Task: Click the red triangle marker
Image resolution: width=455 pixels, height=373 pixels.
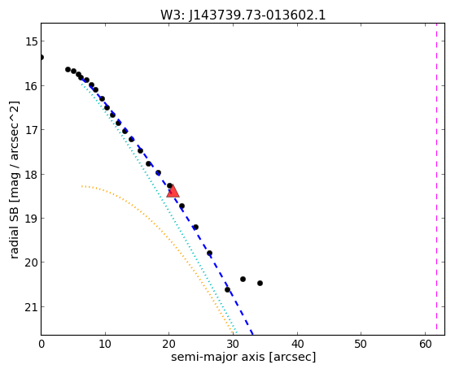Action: pyautogui.click(x=173, y=191)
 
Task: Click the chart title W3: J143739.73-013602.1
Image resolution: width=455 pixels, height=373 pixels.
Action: pyautogui.click(x=243, y=15)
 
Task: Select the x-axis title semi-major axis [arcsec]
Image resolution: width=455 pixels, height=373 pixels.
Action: pyautogui.click(x=243, y=357)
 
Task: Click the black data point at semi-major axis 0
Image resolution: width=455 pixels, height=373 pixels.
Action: pyautogui.click(x=42, y=58)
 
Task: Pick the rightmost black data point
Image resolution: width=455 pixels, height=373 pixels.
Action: pyautogui.click(x=260, y=283)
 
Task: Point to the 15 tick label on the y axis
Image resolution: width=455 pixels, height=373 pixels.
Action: pyautogui.click(x=32, y=41)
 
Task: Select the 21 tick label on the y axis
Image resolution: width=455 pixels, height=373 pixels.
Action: pyautogui.click(x=32, y=306)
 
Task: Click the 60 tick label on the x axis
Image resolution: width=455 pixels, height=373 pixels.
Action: pyautogui.click(x=425, y=345)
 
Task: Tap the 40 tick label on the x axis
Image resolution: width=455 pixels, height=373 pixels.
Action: pyautogui.click(x=297, y=345)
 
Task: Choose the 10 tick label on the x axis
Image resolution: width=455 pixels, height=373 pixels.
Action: pyautogui.click(x=105, y=345)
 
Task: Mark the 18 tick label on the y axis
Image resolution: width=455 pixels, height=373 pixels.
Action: pyautogui.click(x=32, y=174)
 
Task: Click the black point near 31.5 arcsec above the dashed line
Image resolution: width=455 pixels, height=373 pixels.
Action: pyautogui.click(x=243, y=279)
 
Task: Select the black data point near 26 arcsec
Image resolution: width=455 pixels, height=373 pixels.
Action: pyautogui.click(x=209, y=254)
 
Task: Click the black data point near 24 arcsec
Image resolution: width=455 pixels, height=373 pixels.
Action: pyautogui.click(x=196, y=227)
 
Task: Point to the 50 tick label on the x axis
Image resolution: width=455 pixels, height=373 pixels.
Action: pyautogui.click(x=361, y=345)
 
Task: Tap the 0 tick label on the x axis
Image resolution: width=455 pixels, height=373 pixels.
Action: pyautogui.click(x=42, y=345)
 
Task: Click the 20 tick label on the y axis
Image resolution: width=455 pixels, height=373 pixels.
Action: pyautogui.click(x=32, y=262)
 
